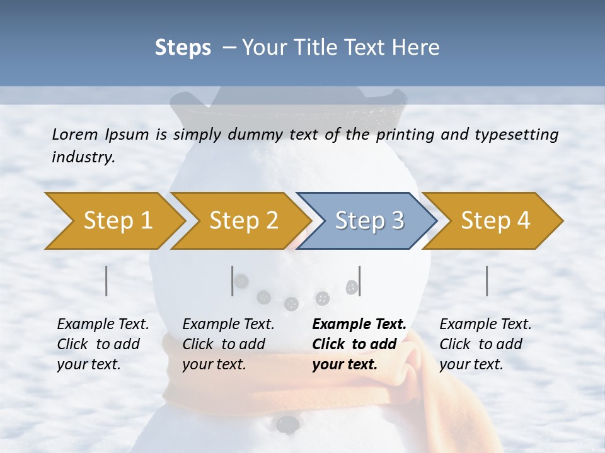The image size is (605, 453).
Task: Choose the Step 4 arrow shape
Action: (x=494, y=221)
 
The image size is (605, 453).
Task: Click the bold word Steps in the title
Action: (x=183, y=48)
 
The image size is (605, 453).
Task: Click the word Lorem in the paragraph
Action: (x=75, y=134)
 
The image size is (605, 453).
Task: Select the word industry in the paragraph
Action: (x=83, y=157)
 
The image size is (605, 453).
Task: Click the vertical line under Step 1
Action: (x=106, y=281)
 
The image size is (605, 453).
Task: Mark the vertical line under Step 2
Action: (x=232, y=281)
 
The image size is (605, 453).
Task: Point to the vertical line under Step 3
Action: (x=359, y=281)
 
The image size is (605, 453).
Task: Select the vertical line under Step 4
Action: (x=487, y=281)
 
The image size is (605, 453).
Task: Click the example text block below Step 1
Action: (x=103, y=344)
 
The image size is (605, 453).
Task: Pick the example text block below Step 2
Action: (x=228, y=344)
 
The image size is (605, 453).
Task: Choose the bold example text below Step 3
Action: (x=359, y=344)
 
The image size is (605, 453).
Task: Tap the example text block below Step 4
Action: (x=485, y=344)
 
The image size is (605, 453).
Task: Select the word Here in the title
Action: (x=417, y=48)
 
